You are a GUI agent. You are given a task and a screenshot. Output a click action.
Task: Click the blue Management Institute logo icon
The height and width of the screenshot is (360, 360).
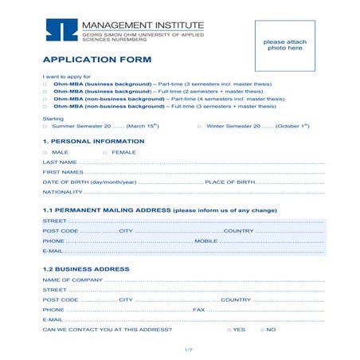(x=61, y=29)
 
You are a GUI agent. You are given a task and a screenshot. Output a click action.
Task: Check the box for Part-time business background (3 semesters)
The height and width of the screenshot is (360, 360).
(x=45, y=84)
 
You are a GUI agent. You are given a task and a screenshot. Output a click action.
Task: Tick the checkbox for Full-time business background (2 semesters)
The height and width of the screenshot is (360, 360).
(x=45, y=92)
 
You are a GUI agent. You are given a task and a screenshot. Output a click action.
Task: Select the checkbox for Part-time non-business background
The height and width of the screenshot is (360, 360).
(x=45, y=100)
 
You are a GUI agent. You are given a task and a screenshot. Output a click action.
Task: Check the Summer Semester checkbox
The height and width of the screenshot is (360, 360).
(x=45, y=127)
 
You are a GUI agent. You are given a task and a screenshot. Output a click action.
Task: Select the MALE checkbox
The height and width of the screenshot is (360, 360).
(x=45, y=151)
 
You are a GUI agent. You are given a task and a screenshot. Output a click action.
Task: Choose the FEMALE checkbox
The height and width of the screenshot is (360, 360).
(x=104, y=151)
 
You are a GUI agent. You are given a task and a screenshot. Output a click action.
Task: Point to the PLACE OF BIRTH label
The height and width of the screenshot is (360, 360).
(x=230, y=182)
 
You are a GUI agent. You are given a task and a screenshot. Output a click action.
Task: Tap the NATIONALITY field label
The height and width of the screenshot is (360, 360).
(x=62, y=192)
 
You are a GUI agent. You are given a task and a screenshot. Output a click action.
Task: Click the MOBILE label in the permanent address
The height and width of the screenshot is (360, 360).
(x=206, y=241)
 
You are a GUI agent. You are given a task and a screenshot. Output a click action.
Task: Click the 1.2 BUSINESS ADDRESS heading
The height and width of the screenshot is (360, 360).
(x=85, y=269)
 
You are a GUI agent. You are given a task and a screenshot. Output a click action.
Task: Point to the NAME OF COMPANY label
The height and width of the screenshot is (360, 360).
(x=72, y=280)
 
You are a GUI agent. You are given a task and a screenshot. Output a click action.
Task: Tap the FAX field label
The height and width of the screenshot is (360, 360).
(x=199, y=310)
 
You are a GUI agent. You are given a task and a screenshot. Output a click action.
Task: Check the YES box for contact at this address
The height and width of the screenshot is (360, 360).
(x=229, y=330)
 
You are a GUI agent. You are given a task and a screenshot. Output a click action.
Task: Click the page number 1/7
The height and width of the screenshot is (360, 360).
(x=189, y=350)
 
